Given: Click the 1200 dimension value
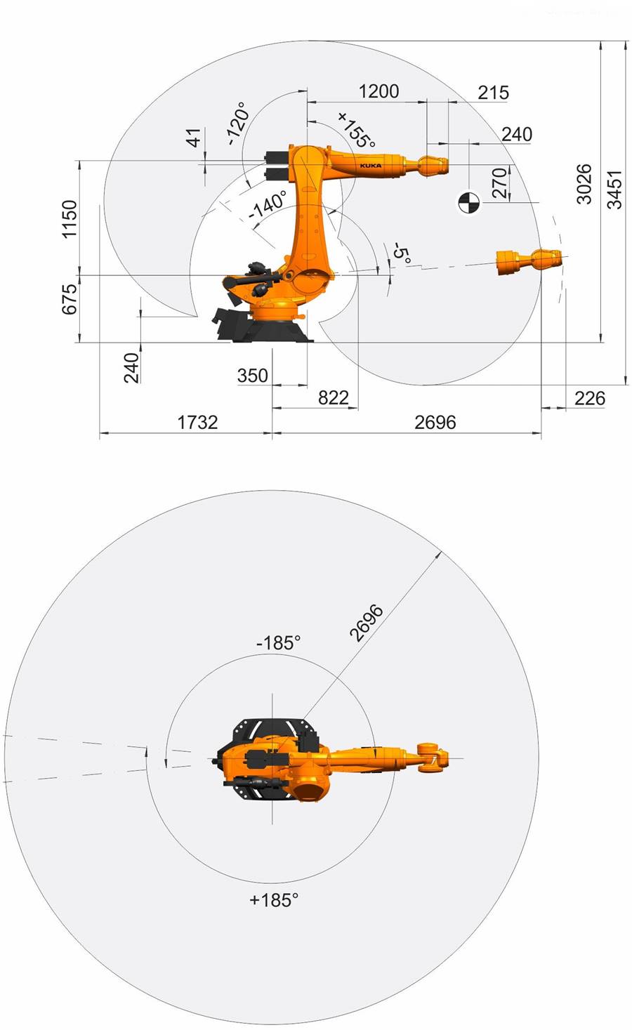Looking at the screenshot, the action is [378, 91].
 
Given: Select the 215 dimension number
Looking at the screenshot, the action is [494, 93].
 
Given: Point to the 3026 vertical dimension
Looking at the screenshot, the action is [584, 184].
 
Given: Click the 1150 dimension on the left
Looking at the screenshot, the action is [70, 219].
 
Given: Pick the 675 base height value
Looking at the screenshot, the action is [70, 299].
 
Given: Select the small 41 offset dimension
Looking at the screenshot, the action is [195, 138].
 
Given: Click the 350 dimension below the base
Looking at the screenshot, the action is [253, 375].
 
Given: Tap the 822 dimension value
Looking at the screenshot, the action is [334, 397].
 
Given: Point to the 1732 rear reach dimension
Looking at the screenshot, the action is [198, 422].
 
